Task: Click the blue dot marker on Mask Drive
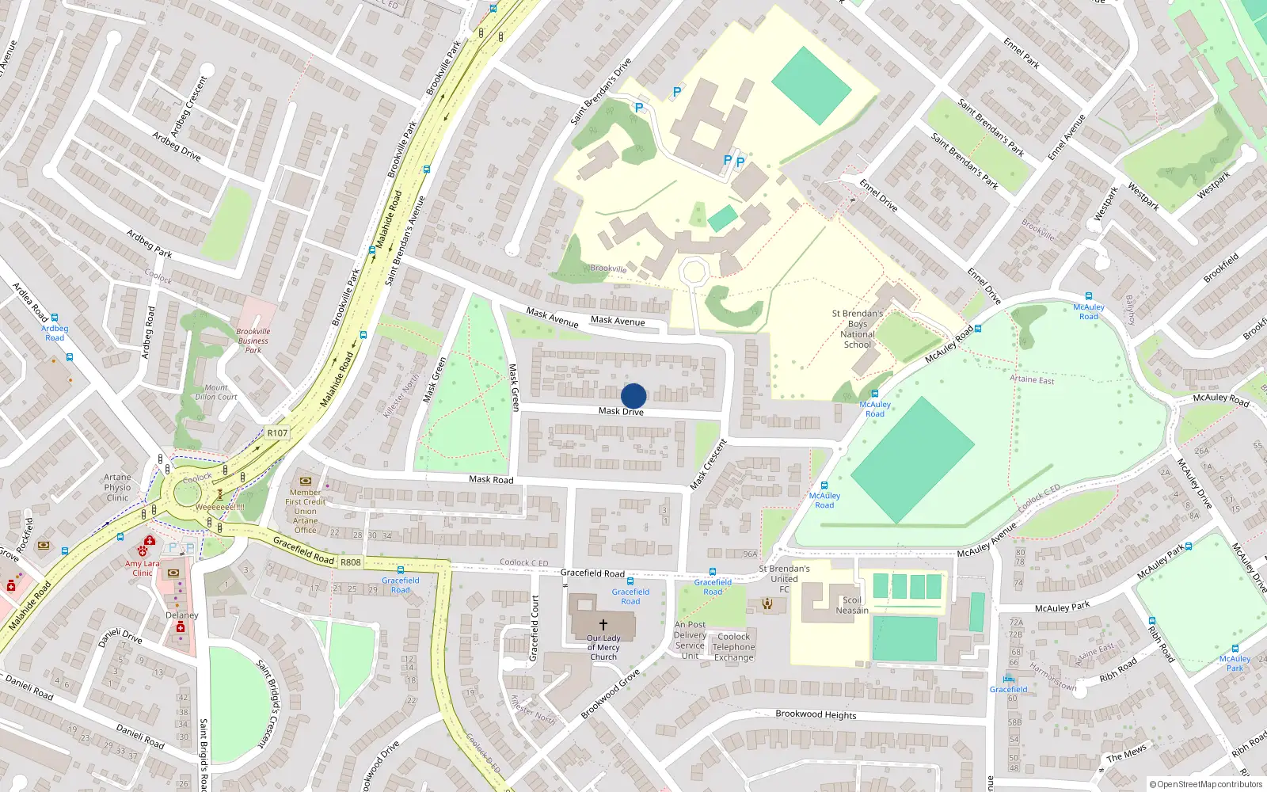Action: [x=633, y=396]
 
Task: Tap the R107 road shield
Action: [x=277, y=433]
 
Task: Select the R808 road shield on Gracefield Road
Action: [x=350, y=562]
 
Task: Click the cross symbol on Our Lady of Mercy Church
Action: [x=603, y=625]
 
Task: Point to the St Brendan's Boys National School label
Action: [x=857, y=329]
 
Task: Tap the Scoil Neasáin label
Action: [x=852, y=605]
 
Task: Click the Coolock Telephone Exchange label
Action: [x=734, y=647]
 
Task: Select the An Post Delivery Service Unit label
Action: [x=690, y=640]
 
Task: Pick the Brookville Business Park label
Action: [x=253, y=341]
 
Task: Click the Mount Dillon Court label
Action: [x=216, y=392]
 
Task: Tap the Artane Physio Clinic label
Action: [x=117, y=487]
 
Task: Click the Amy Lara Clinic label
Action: [x=143, y=568]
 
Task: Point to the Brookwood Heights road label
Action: [x=816, y=714]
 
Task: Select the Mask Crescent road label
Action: [x=708, y=465]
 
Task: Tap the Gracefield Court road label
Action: [x=535, y=628]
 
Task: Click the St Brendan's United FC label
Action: [x=784, y=578]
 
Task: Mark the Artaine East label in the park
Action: [x=1032, y=379]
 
